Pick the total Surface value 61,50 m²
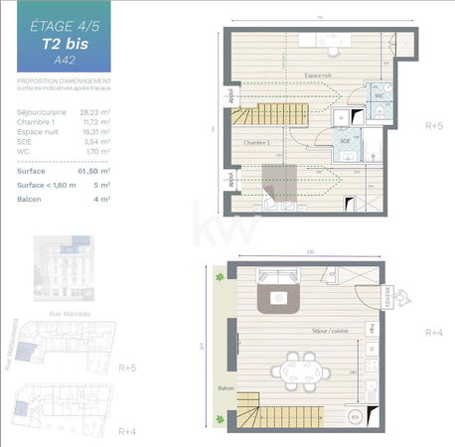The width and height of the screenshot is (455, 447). [95, 171]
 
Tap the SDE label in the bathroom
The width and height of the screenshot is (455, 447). [345, 141]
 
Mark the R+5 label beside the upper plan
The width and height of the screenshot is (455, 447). [434, 126]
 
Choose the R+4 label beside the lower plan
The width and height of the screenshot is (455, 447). [434, 332]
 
